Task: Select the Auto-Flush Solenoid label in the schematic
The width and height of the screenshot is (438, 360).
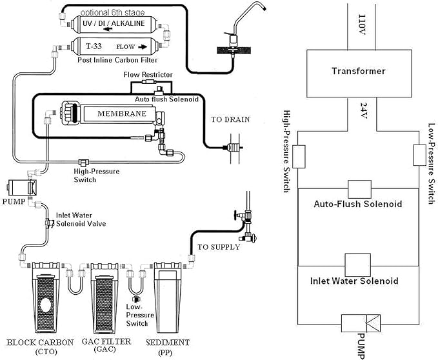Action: (358, 204)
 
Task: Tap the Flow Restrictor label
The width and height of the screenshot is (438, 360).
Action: (148, 75)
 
